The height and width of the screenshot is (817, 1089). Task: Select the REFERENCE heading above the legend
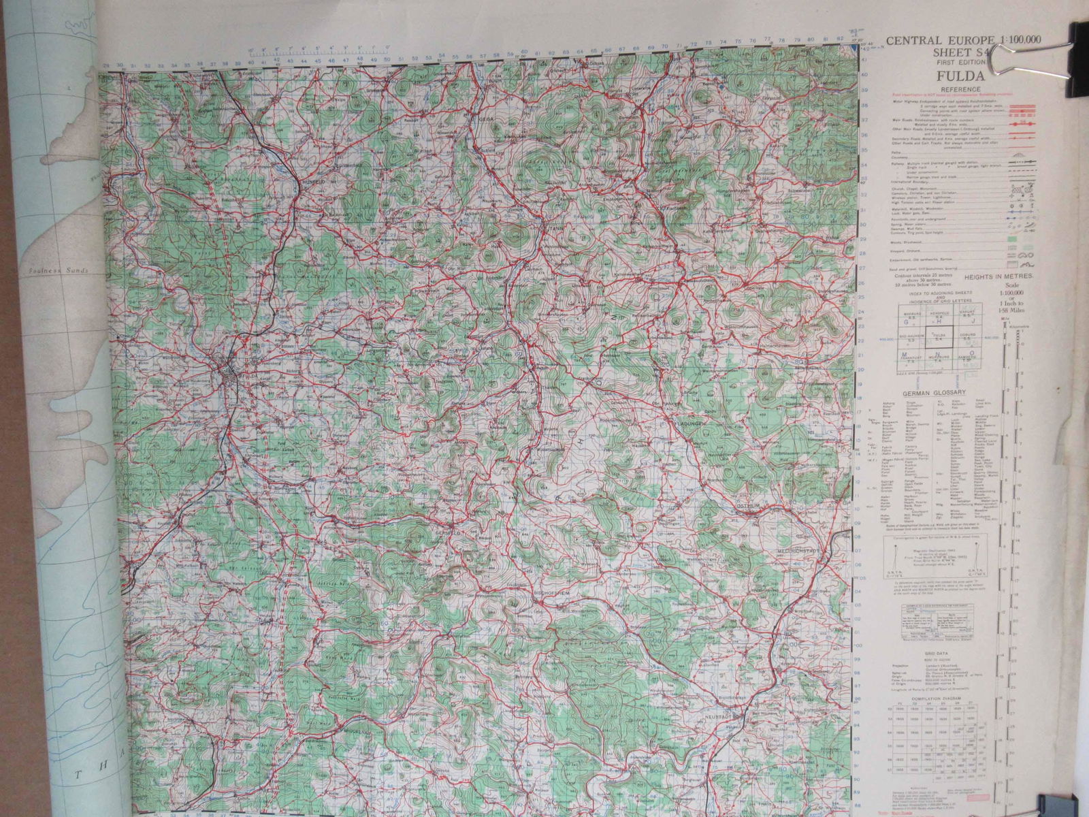tap(960, 89)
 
